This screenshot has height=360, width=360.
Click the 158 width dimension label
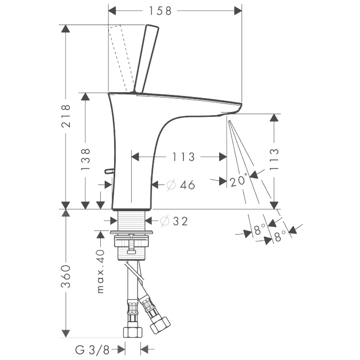160,11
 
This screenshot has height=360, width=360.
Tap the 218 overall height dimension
66,116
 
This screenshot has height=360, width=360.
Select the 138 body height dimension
85,159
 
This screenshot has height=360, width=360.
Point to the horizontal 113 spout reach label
183,157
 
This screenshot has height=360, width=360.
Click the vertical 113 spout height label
274,159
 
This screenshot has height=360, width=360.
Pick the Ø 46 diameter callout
181,185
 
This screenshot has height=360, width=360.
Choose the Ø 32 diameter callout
174,221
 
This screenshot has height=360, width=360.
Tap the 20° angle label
239,180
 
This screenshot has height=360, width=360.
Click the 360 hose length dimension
66,276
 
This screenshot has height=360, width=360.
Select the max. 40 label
101,271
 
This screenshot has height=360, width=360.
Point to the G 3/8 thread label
92,350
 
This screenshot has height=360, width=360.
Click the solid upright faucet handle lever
146,59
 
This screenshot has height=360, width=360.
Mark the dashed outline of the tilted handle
121,59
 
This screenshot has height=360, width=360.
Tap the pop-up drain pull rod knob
109,171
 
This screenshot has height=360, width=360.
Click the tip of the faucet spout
241,104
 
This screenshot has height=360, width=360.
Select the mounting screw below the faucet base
131,244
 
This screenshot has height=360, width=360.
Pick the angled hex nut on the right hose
160,325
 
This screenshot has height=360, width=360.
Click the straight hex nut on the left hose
133,332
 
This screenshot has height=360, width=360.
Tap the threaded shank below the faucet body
131,221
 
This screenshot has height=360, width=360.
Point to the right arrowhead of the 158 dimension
238,11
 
